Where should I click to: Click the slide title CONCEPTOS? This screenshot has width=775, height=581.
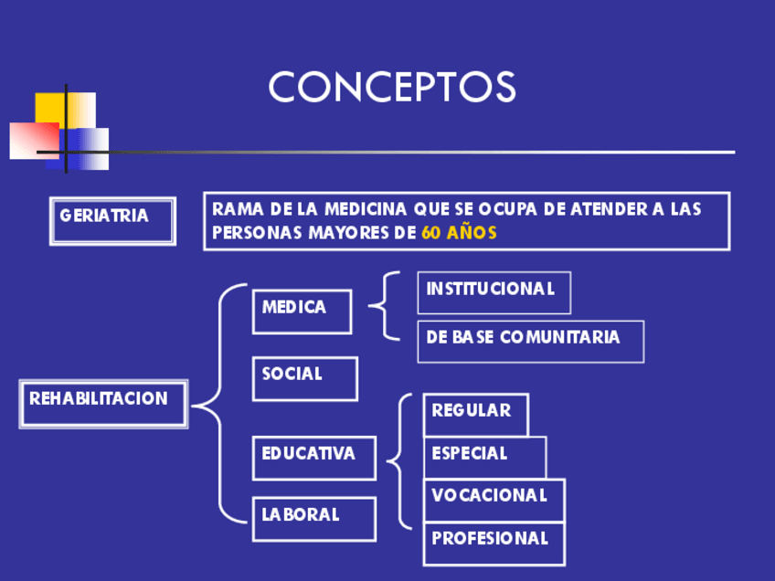pyautogui.click(x=392, y=88)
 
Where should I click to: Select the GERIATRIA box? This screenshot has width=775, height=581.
pyautogui.click(x=112, y=221)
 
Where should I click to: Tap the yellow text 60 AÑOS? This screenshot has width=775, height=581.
pyautogui.click(x=460, y=233)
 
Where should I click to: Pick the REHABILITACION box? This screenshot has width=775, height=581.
pyautogui.click(x=102, y=403)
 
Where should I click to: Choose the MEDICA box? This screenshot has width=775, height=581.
pyautogui.click(x=302, y=312)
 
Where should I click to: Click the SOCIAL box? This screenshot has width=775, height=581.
pyautogui.click(x=304, y=378)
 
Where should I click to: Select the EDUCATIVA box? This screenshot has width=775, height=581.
pyautogui.click(x=313, y=458)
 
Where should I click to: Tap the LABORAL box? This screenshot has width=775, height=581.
pyautogui.click(x=313, y=519)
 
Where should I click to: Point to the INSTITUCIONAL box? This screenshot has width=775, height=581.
pyautogui.click(x=494, y=292)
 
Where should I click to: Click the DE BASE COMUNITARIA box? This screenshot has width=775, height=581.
pyautogui.click(x=530, y=341)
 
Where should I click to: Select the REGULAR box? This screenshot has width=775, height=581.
pyautogui.click(x=475, y=415)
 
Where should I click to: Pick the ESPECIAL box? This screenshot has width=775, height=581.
pyautogui.click(x=484, y=457)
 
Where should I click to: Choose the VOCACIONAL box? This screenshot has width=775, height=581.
pyautogui.click(x=494, y=500)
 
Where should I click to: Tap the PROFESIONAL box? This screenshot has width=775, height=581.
pyautogui.click(x=494, y=543)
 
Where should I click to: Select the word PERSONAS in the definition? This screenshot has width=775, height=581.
pyautogui.click(x=252, y=233)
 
